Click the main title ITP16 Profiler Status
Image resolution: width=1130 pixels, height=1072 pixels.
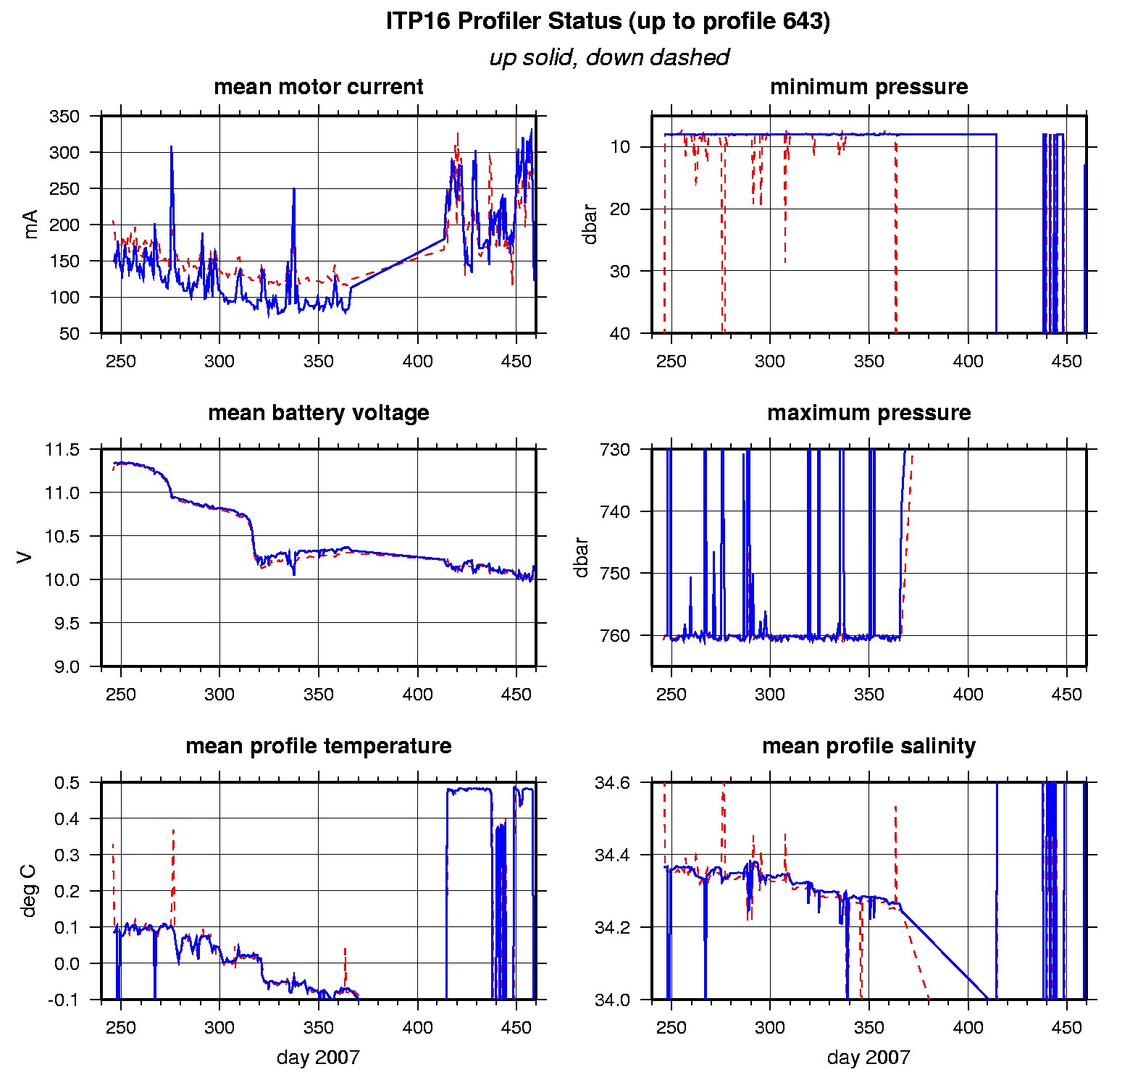click(607, 22)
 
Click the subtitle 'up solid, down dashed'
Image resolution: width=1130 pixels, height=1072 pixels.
click(608, 58)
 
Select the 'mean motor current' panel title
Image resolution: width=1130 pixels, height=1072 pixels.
click(319, 87)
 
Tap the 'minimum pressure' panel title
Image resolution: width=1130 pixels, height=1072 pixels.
click(869, 87)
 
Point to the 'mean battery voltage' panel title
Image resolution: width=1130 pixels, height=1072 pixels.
click(319, 413)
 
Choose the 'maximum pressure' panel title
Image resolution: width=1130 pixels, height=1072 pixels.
click(869, 413)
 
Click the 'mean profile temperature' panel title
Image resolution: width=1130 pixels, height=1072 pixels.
click(319, 746)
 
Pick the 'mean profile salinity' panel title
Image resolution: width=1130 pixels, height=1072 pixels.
click(869, 746)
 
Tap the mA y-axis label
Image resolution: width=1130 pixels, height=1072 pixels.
click(30, 225)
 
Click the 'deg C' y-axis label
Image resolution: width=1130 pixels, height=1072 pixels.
click(29, 891)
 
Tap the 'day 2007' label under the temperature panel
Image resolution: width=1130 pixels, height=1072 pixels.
click(318, 1058)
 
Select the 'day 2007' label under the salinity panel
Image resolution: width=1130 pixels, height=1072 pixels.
click(869, 1058)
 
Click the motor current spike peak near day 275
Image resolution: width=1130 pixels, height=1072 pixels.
click(172, 147)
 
